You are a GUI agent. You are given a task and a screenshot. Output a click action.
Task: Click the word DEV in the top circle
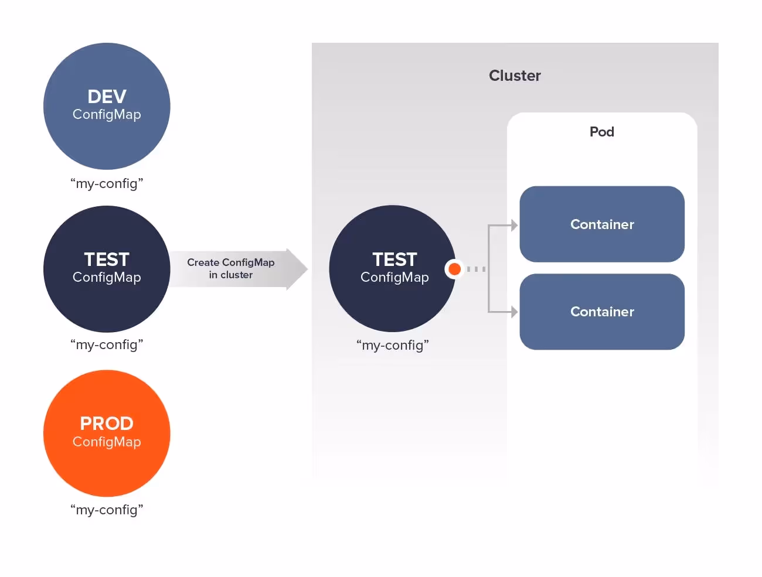point(107,97)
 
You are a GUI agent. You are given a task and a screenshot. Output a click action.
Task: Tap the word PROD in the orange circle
point(107,424)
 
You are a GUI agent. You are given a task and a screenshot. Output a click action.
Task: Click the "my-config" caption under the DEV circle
point(107,183)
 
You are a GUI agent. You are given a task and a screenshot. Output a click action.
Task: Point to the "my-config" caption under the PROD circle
point(107,510)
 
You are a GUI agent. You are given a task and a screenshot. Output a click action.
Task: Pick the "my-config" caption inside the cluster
point(393,345)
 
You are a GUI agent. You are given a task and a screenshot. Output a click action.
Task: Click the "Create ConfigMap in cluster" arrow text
point(231,269)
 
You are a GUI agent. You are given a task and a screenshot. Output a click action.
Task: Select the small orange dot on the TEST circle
point(454,269)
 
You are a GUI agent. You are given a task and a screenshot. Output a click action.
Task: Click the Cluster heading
point(515,76)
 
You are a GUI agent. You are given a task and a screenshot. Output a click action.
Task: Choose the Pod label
point(602,132)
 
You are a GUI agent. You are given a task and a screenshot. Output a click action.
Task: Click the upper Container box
point(602,224)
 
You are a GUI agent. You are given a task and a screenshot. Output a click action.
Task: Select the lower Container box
point(602,312)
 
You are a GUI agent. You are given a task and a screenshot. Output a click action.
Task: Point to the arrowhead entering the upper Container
point(514,225)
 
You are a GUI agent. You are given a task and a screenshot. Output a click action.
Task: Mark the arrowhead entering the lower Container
point(514,312)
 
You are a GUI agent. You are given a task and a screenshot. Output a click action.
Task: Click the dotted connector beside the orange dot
point(476,269)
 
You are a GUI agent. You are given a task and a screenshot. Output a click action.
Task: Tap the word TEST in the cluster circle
point(394,260)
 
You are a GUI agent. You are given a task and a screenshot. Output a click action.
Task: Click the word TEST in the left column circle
point(107,260)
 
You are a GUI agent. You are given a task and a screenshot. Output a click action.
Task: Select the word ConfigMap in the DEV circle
point(107,114)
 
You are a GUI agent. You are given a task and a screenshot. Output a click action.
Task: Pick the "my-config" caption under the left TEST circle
point(107,344)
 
